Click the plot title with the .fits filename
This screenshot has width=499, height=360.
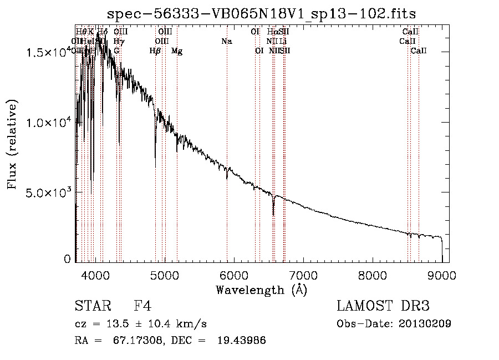coord(262,13)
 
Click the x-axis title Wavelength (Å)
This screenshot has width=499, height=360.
coord(261,289)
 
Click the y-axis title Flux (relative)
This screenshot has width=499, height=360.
coord(12,145)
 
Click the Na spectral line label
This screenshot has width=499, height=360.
coord(226,41)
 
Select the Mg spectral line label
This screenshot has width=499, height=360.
coord(177,51)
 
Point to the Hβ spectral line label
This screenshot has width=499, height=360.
coord(155,51)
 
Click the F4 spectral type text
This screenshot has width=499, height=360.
coord(142,306)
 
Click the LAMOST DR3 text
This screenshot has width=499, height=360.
coord(383,306)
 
